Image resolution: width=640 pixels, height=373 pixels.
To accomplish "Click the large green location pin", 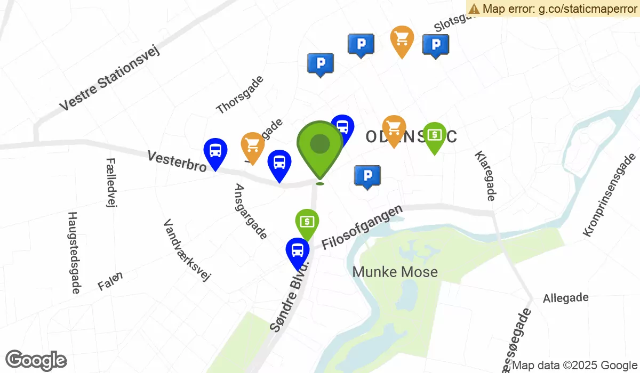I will [x=319, y=145].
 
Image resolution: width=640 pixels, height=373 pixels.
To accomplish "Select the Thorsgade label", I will [x=240, y=94].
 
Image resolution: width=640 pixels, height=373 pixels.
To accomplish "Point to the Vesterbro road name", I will [x=177, y=161].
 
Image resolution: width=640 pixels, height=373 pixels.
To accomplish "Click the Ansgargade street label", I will [x=251, y=211].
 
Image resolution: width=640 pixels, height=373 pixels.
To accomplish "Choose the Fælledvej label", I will [x=111, y=182].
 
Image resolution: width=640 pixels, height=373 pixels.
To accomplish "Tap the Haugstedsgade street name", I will [x=74, y=252].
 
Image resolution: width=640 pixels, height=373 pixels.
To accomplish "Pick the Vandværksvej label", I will [x=187, y=250].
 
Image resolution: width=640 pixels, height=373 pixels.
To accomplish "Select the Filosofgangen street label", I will [x=362, y=228].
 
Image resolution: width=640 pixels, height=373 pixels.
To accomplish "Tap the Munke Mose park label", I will [x=395, y=272].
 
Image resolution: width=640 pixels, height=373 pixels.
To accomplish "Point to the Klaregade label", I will [x=484, y=175].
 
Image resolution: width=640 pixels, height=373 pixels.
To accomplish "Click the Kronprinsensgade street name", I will [x=610, y=194].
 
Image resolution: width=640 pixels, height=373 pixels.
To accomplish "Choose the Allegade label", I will [x=565, y=298].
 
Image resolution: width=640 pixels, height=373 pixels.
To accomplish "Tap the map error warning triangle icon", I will [x=474, y=9].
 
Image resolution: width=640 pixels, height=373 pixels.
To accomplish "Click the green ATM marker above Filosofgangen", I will [x=307, y=221].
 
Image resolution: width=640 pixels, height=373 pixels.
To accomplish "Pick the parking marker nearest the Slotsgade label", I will [x=435, y=45].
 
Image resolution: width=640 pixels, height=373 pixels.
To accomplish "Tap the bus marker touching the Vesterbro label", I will [x=215, y=151].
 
